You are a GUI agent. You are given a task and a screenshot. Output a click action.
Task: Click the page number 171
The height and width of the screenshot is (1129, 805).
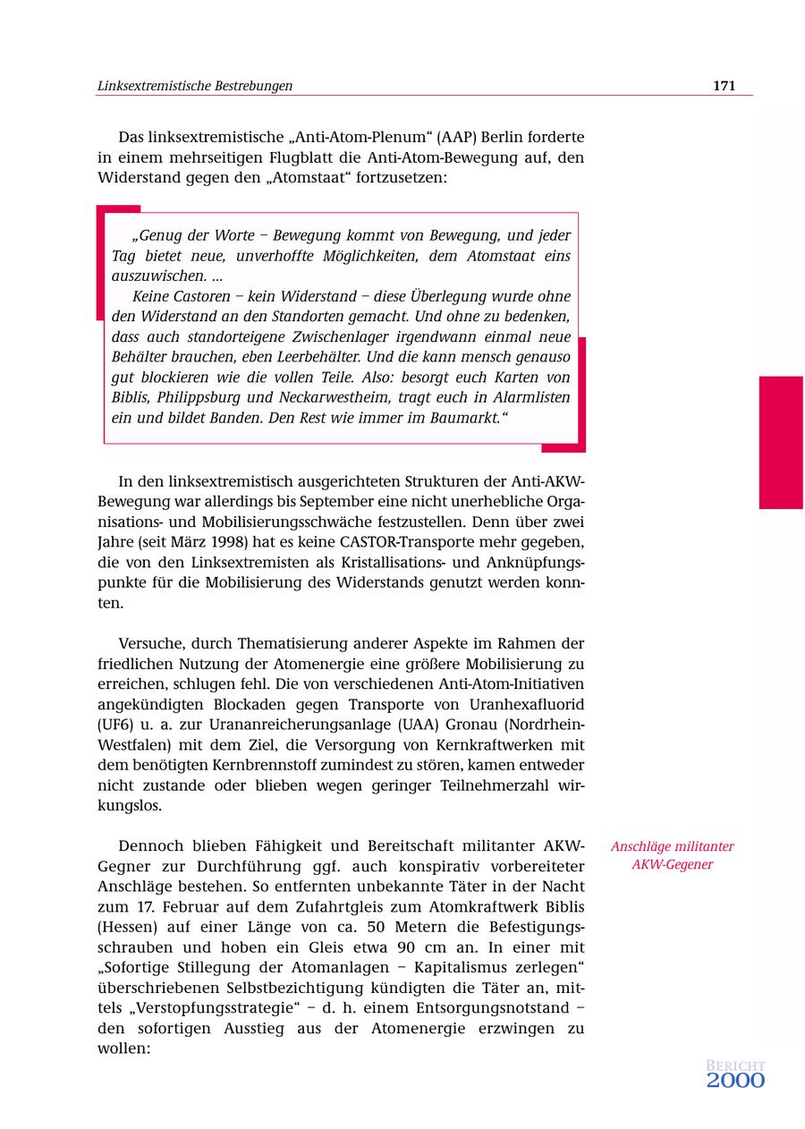click(x=724, y=86)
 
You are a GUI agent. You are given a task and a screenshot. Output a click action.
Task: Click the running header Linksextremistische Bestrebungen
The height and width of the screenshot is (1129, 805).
click(x=194, y=86)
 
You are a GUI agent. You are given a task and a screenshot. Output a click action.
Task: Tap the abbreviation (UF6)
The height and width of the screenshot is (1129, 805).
click(x=114, y=724)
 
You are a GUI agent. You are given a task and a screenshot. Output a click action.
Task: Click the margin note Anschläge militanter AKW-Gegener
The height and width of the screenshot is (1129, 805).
click(x=672, y=855)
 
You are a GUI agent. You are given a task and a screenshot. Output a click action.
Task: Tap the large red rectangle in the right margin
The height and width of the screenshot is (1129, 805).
click(x=781, y=442)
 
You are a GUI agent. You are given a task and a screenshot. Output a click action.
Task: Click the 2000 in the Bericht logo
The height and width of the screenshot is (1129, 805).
click(x=735, y=1081)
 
